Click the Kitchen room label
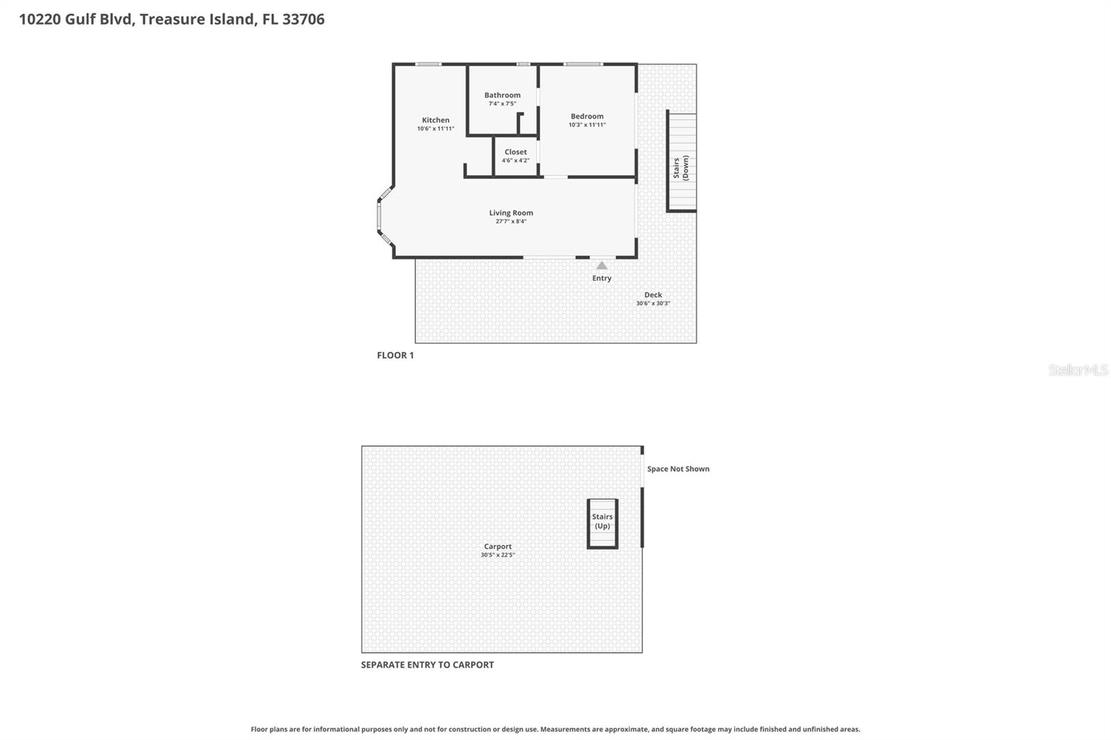[435, 120]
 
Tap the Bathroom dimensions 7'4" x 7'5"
[502, 104]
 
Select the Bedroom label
[587, 117]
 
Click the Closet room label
[515, 152]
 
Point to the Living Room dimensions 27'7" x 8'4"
[511, 221]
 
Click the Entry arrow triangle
[601, 265]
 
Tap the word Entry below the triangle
[601, 278]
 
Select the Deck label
[653, 295]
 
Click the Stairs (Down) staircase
[681, 162]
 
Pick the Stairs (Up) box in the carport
[602, 523]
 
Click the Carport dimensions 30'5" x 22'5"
[497, 555]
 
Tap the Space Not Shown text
[678, 469]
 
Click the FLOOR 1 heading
[395, 355]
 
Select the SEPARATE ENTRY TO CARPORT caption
[427, 665]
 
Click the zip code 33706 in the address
[303, 19]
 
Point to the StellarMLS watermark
[1078, 370]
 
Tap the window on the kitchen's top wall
[428, 65]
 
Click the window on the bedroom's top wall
[583, 65]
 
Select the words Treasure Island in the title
[197, 19]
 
